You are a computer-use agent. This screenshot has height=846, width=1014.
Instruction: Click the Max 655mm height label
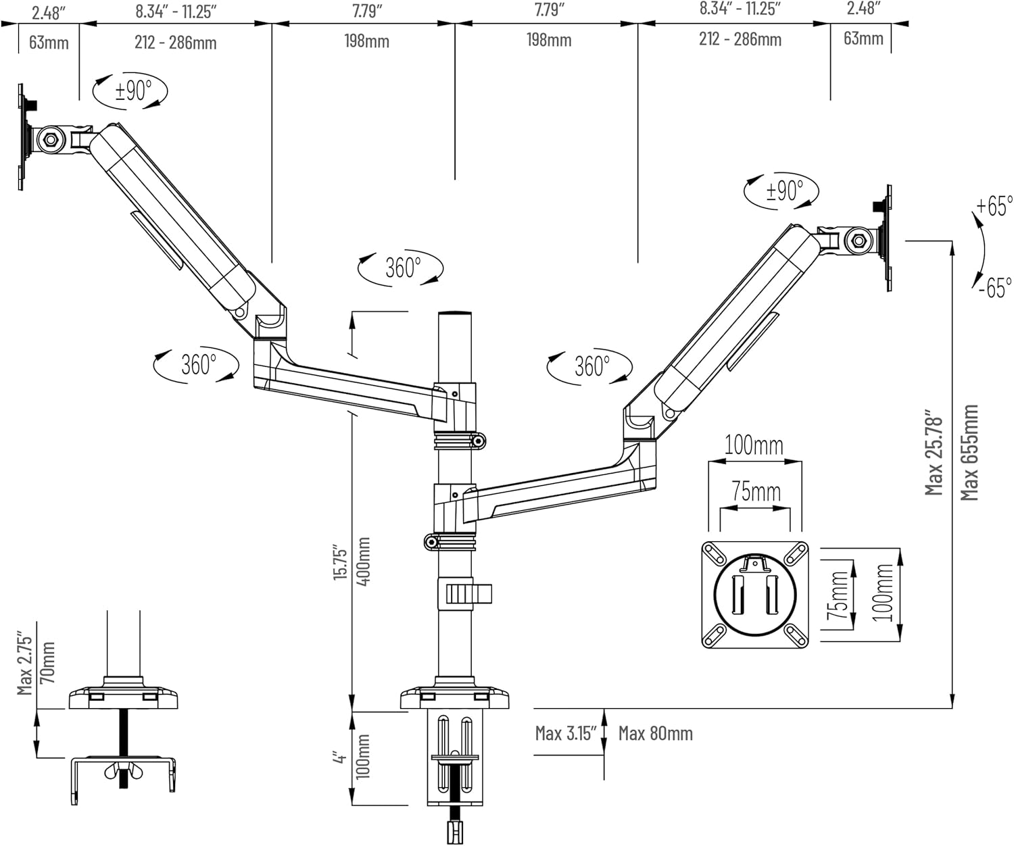click(970, 452)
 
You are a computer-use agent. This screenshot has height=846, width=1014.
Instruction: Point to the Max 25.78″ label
click(934, 452)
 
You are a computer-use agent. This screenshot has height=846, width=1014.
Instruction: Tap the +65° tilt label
click(994, 206)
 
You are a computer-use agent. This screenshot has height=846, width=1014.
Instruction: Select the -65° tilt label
click(995, 287)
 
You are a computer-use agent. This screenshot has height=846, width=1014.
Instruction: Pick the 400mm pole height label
click(363, 562)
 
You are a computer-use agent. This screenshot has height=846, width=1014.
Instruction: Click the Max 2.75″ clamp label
click(25, 664)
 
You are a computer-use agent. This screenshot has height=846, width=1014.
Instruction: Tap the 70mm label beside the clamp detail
click(47, 663)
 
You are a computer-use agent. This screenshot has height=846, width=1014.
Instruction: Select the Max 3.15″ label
click(566, 733)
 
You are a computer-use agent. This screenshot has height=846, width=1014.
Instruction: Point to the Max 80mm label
click(655, 733)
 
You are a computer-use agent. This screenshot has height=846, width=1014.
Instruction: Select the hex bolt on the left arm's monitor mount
click(50, 140)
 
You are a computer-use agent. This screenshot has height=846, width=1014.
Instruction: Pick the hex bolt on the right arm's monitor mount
click(859, 240)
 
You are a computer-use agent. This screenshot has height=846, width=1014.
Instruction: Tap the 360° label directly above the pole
click(403, 268)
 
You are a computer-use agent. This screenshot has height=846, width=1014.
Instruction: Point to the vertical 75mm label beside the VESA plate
click(838, 595)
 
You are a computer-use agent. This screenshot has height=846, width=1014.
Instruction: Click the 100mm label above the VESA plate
click(754, 446)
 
